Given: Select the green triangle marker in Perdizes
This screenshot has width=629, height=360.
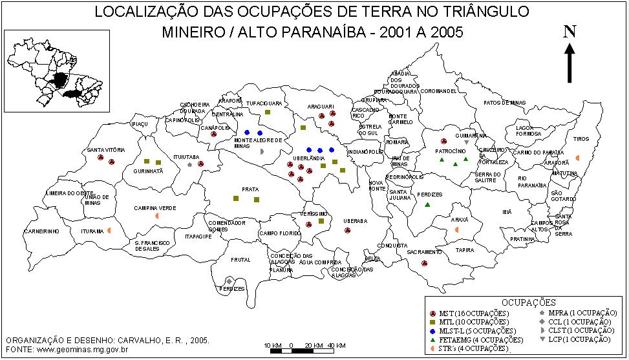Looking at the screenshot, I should click(427, 205).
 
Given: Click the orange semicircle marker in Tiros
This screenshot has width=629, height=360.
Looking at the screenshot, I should click(577, 158).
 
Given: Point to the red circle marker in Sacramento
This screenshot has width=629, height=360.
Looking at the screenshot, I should click(424, 264).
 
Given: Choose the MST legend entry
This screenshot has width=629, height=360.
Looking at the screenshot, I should click(469, 313).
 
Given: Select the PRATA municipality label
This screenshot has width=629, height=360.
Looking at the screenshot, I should click(250, 189).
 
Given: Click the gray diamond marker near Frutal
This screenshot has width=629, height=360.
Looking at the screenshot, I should click(229, 281).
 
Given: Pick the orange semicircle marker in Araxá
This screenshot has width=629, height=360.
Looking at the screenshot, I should click(457, 230).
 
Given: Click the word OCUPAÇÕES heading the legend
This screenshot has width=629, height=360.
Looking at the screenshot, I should click(528, 302).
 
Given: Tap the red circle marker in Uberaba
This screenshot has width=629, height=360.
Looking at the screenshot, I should click(348, 230).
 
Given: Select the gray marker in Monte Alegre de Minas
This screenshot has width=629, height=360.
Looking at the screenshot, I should click(262, 151).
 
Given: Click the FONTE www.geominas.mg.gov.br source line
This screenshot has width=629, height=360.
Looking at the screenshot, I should click(67, 349).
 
